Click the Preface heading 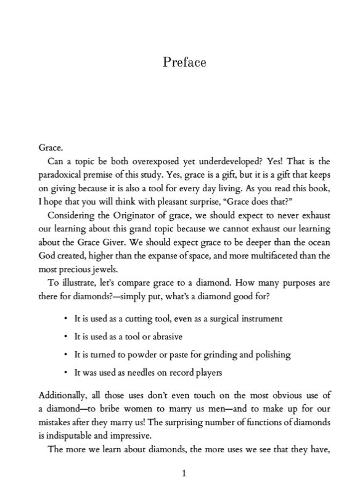coord(184,62)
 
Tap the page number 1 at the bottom coord(184,473)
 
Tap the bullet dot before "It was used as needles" coord(65,373)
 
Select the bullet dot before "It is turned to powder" coord(65,355)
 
